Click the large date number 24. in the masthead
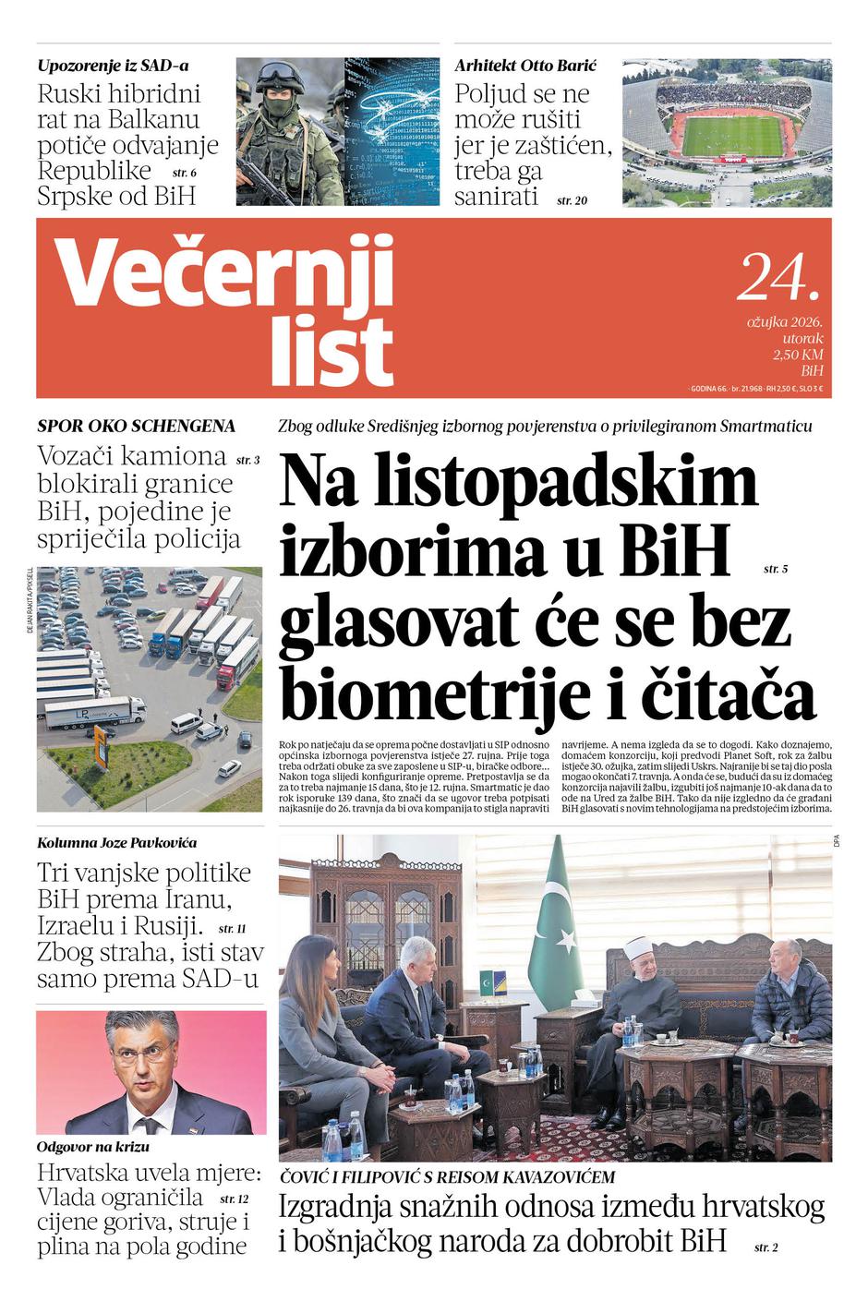[778, 276]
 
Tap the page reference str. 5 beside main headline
[776, 570]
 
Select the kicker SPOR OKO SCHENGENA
[136, 426]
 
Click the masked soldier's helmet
[277, 77]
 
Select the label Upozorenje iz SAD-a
[113, 66]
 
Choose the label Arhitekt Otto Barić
[525, 66]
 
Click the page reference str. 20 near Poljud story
[572, 199]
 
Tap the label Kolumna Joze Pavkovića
[116, 842]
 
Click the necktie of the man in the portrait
[145, 1126]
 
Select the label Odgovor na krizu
[93, 1147]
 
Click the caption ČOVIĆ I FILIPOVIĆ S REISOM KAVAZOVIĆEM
[447, 1177]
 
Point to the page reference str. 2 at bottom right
[766, 1247]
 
